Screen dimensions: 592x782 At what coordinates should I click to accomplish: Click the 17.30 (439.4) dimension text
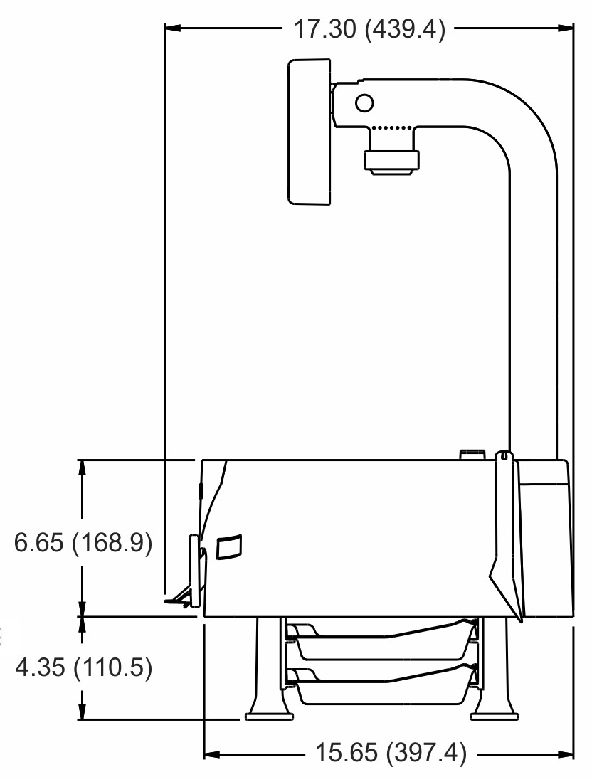click(x=369, y=29)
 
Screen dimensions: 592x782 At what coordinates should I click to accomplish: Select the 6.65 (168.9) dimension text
click(x=83, y=543)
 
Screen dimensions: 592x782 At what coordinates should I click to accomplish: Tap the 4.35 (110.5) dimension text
click(x=83, y=667)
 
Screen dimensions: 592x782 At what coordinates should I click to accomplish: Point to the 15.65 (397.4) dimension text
click(x=391, y=752)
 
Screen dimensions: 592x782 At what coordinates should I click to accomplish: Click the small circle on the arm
click(x=364, y=103)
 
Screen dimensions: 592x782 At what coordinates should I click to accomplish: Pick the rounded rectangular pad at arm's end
click(x=310, y=132)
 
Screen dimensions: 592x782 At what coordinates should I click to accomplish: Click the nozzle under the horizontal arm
click(x=391, y=159)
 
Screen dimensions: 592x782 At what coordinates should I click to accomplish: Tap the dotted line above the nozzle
click(x=392, y=128)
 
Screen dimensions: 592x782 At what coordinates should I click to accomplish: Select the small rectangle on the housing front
click(x=229, y=546)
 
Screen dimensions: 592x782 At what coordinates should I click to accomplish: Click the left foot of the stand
click(x=270, y=716)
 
